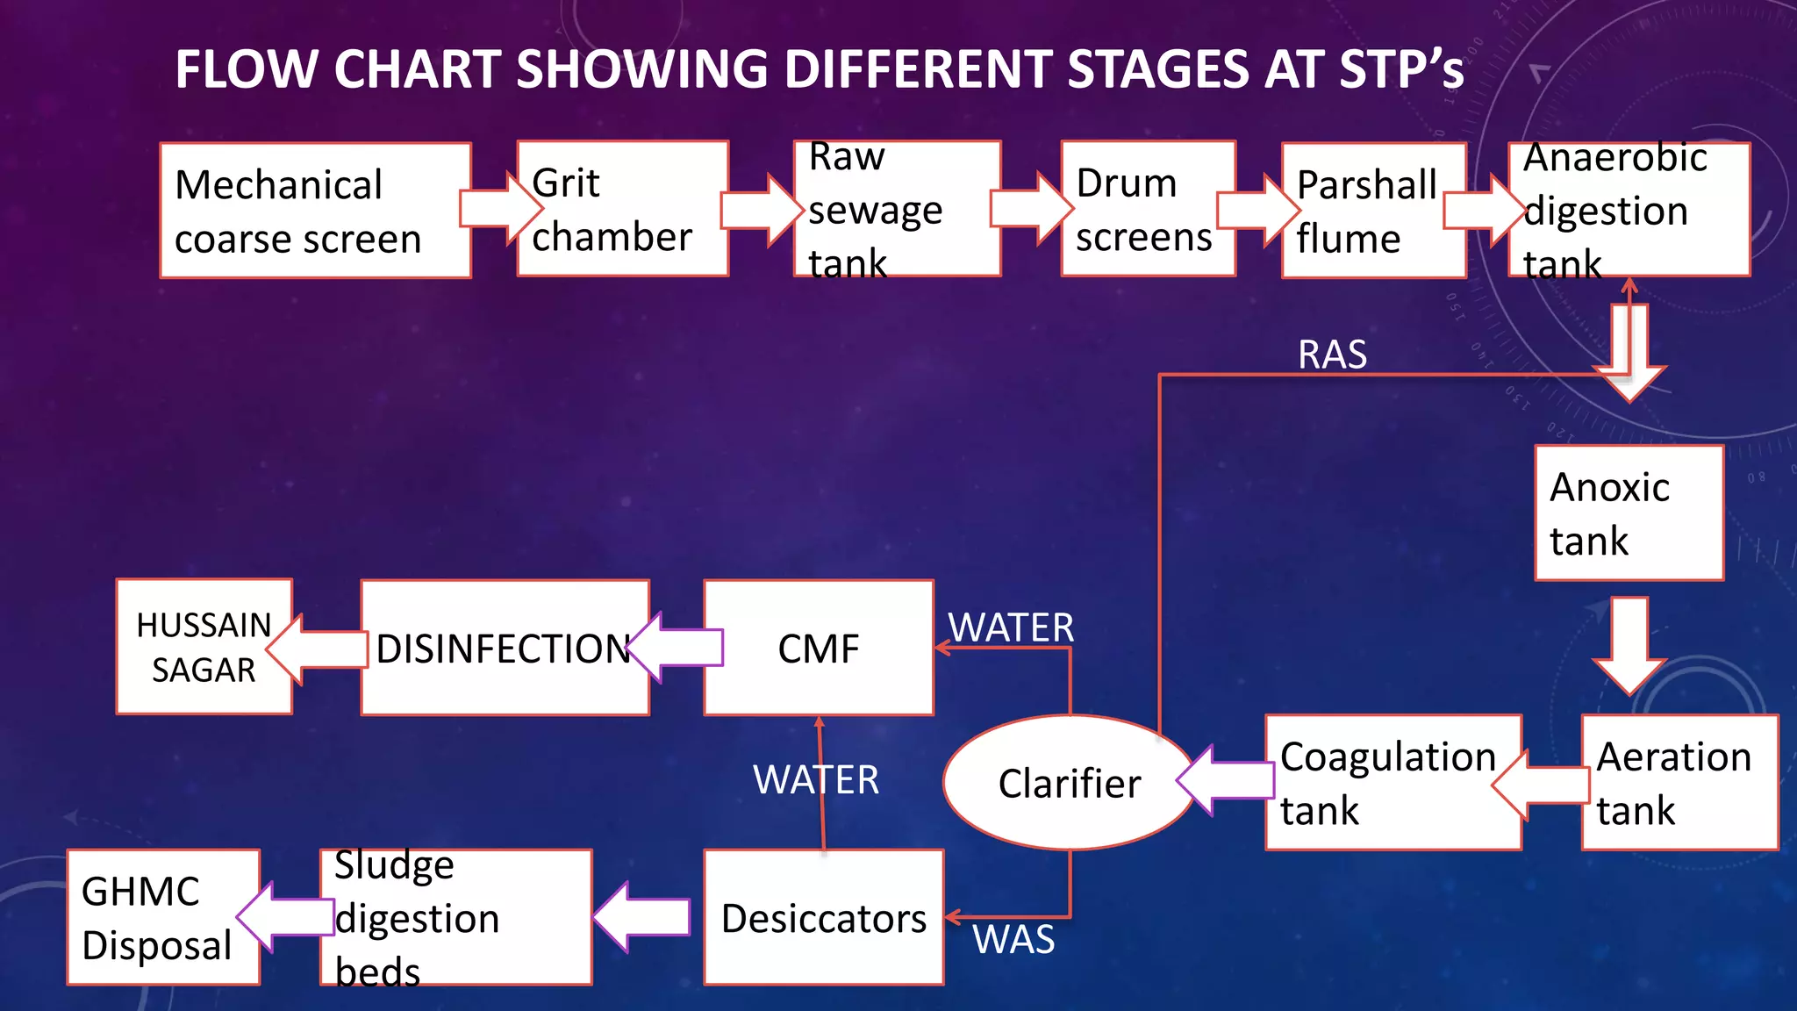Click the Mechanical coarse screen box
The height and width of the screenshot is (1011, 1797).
coord(314,212)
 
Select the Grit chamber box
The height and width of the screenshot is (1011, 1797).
coord(622,210)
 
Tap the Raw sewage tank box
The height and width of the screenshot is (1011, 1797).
coord(897,210)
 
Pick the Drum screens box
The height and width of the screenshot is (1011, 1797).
coord(1148,210)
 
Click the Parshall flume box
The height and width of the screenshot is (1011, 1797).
coord(1373,212)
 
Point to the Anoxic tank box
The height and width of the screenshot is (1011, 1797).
coord(1629,513)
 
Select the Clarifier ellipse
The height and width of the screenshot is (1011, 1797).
coord(1069,783)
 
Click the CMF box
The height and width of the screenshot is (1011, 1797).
coord(818,649)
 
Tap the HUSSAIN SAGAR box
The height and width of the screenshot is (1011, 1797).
coord(204,648)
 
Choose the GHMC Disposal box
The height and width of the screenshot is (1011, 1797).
coord(162,918)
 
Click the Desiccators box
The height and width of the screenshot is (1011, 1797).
coord(823,918)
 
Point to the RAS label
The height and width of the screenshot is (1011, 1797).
coord(1332,355)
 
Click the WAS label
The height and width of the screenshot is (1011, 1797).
coord(1013,940)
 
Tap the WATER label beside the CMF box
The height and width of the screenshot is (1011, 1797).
coord(1011,627)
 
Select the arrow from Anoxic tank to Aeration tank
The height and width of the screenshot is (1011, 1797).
coord(1629,645)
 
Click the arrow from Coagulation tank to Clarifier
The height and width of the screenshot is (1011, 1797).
coord(1226,779)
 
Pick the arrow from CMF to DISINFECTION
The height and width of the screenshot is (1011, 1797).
coord(677,648)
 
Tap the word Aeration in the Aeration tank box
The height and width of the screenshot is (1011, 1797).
coord(1673,756)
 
